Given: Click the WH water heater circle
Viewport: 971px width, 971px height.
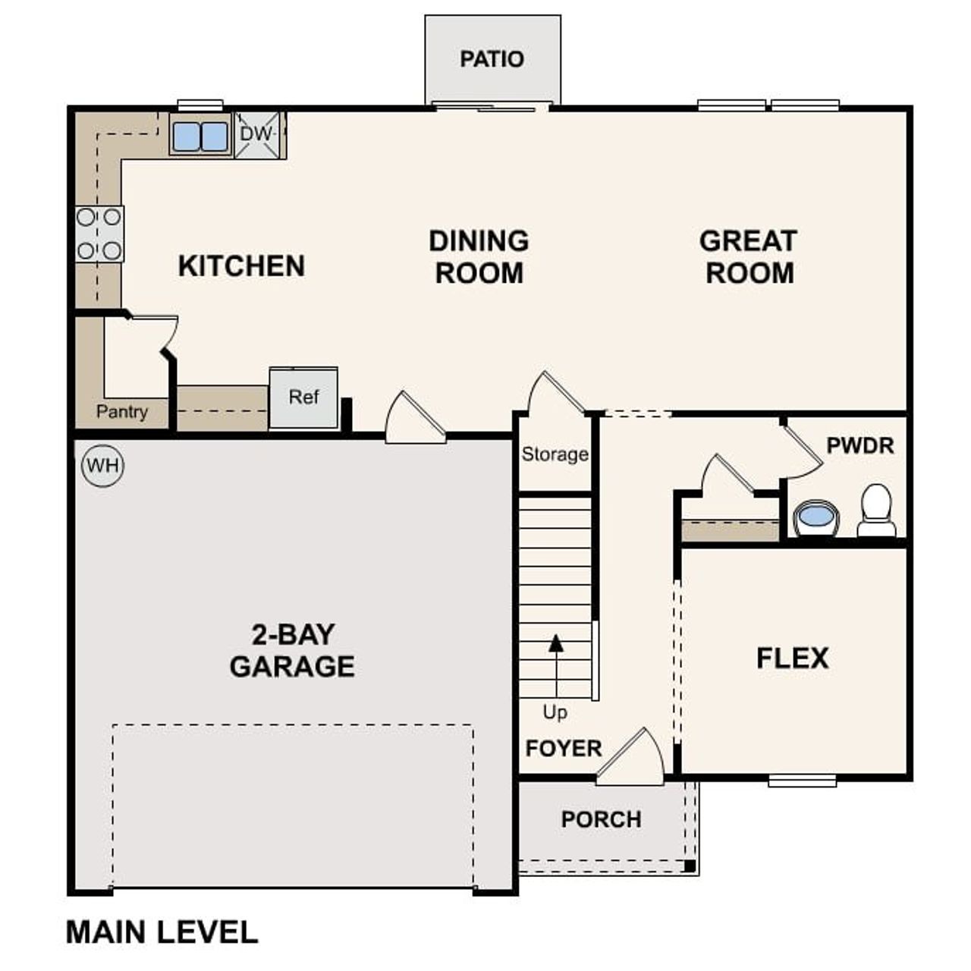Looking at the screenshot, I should tap(102, 464).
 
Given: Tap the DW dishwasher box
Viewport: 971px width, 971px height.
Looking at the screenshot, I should tap(256, 135).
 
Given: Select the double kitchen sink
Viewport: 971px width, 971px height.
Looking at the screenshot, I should tap(200, 137).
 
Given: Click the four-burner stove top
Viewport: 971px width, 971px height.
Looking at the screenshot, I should tap(99, 234).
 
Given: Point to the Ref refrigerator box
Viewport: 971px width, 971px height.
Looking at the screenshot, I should tap(303, 398).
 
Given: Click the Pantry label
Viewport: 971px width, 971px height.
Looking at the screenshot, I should tap(121, 412).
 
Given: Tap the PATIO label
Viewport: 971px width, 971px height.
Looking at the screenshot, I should tap(492, 59).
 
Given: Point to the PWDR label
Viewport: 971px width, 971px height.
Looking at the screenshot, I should tap(859, 446).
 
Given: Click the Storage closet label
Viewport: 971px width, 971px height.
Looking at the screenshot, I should tap(555, 454).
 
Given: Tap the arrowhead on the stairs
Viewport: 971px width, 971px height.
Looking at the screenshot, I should tap(557, 643).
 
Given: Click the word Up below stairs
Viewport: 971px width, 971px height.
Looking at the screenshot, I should tap(555, 712).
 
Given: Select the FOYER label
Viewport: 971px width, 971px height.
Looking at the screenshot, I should tap(563, 749).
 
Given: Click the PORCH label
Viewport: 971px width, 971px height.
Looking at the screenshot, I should tap(601, 819).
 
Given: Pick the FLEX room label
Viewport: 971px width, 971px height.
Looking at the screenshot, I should tap(792, 658).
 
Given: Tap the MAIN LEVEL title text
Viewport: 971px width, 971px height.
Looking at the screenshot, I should tap(162, 932).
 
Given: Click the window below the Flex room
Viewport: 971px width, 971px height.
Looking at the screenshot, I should tap(802, 780).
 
